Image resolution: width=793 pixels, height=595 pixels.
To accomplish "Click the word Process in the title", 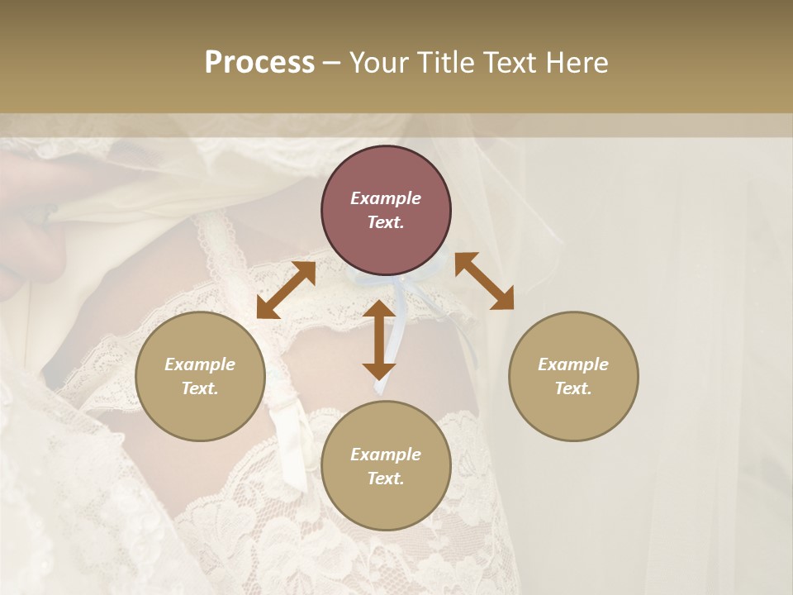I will pyautogui.click(x=259, y=63).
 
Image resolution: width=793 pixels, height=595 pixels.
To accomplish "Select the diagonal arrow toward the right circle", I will pyautogui.click(x=485, y=281).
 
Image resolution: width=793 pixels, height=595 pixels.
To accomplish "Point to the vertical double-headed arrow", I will pyautogui.click(x=379, y=340).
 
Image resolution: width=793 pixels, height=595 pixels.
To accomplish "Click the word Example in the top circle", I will pyautogui.click(x=386, y=198).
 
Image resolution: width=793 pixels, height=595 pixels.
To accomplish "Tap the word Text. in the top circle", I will pyautogui.click(x=386, y=222).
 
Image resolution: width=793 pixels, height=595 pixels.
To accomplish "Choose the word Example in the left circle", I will pyautogui.click(x=200, y=364).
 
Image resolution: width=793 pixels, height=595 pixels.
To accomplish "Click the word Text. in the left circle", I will pyautogui.click(x=200, y=388).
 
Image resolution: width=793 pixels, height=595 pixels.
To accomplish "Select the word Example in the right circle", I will pyautogui.click(x=573, y=364).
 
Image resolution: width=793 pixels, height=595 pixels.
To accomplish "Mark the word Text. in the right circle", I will pyautogui.click(x=573, y=388).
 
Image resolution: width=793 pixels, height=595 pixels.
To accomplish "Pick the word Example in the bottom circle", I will pyautogui.click(x=386, y=455).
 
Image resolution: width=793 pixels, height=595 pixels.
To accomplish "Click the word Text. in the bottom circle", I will pyautogui.click(x=386, y=478).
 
